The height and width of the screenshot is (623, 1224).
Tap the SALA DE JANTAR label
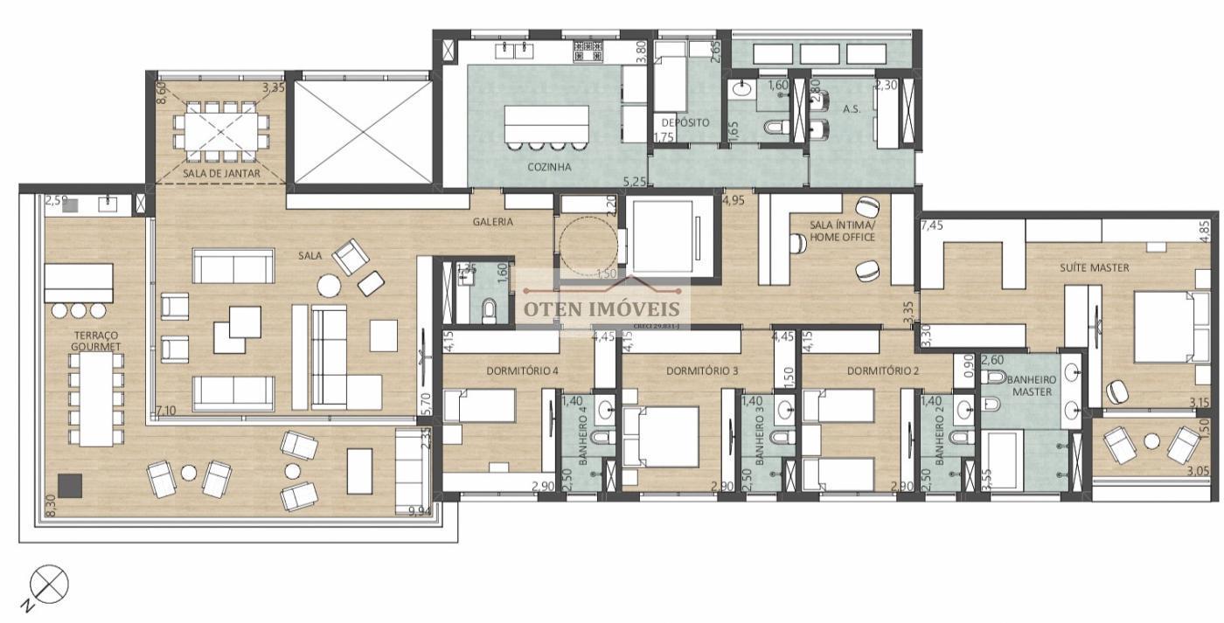(x=221, y=173)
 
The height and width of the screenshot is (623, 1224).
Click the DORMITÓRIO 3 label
(x=702, y=370)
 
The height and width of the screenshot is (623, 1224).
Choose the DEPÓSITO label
(x=685, y=122)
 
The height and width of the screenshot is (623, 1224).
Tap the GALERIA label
(x=493, y=222)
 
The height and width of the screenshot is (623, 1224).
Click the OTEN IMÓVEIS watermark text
(x=602, y=308)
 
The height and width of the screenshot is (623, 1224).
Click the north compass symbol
(x=51, y=584)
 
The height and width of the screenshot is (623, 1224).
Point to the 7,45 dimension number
(x=932, y=225)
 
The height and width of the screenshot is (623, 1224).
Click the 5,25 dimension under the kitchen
(x=634, y=182)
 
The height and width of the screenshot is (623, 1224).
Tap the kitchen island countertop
(x=546, y=121)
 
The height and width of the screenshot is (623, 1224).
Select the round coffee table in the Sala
(x=330, y=286)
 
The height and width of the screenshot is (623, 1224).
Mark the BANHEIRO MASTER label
(x=1033, y=385)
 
